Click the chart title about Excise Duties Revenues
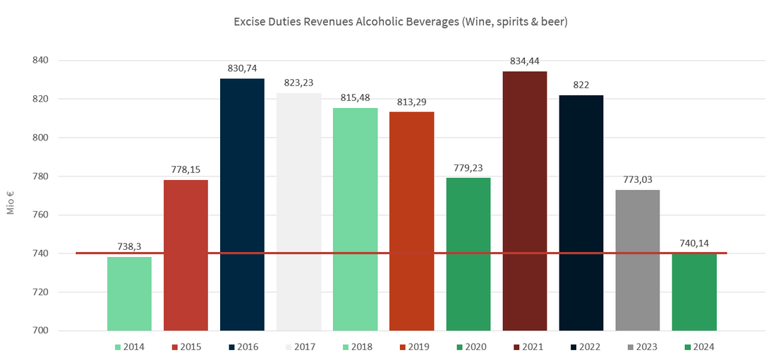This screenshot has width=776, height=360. tap(401, 22)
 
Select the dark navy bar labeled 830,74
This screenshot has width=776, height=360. tap(242, 205)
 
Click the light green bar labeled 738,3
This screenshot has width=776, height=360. tap(129, 293)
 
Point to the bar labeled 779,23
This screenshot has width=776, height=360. tap(468, 254)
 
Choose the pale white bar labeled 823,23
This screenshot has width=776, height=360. tap(298, 212)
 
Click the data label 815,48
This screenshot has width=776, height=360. tap(355, 97)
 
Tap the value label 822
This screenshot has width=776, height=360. tap(581, 85)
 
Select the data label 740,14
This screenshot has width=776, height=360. tap(693, 243)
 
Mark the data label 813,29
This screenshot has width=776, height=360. tap(411, 101)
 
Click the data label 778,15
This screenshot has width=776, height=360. tap(186, 169)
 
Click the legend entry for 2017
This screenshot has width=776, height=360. tap(298, 347)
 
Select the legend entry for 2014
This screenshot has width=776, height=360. tap(129, 347)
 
